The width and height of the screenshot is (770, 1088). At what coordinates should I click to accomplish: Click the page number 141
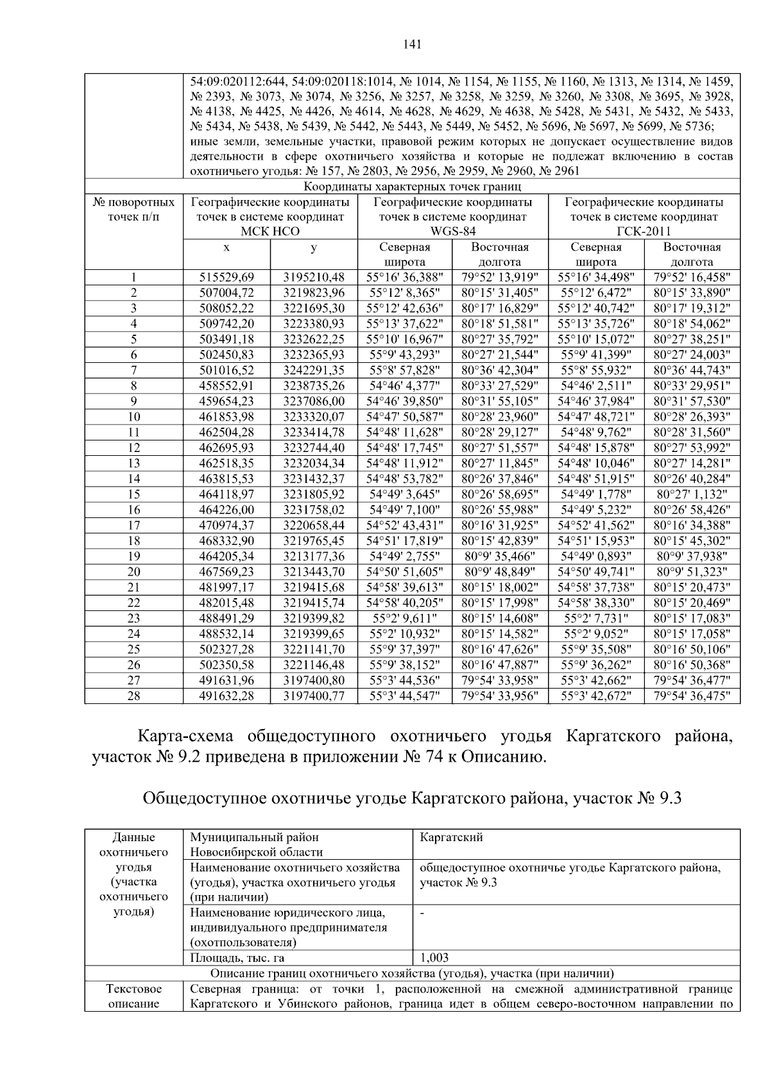click(x=413, y=44)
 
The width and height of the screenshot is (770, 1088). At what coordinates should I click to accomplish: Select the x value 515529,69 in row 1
click(x=227, y=277)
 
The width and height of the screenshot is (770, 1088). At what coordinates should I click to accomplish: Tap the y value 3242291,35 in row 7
click(x=314, y=370)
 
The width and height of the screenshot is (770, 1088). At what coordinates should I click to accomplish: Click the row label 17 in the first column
click(x=133, y=525)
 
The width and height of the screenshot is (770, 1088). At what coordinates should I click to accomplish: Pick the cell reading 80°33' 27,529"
click(x=500, y=385)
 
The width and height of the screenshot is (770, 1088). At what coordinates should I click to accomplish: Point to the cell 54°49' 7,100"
click(x=404, y=510)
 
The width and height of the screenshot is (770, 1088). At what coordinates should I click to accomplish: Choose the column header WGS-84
click(x=453, y=231)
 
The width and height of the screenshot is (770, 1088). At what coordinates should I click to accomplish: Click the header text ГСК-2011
click(x=644, y=231)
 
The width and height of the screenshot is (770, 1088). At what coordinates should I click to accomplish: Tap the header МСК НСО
click(x=270, y=231)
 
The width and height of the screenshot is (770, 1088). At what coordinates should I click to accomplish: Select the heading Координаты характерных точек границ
click(x=412, y=187)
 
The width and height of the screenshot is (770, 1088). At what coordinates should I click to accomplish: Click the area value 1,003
click(x=434, y=958)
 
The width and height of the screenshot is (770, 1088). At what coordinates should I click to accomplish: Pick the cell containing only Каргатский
click(x=451, y=837)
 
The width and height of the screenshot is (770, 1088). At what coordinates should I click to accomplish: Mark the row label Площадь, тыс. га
click(x=237, y=958)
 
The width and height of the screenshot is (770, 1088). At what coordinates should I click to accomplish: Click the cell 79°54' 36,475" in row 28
click(x=692, y=696)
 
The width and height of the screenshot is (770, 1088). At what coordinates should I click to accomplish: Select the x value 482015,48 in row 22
click(x=227, y=603)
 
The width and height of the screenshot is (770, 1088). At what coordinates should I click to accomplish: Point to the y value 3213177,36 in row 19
click(x=314, y=556)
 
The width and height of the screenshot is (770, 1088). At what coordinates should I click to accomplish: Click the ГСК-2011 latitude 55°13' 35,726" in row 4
click(x=596, y=324)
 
